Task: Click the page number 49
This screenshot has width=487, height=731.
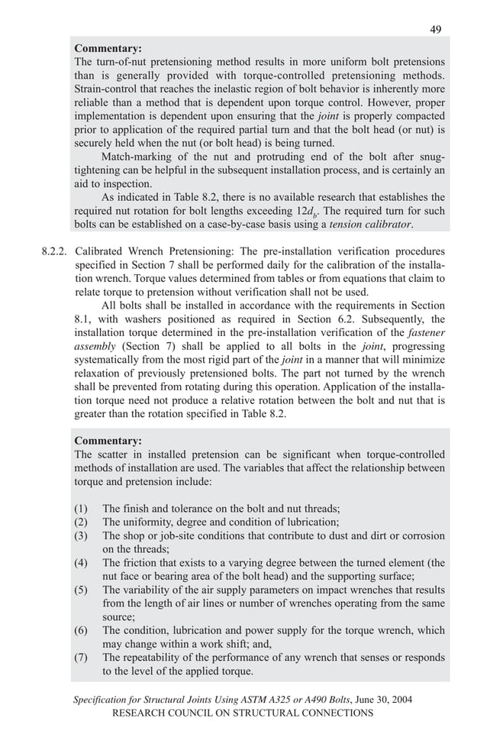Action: pyautogui.click(x=435, y=30)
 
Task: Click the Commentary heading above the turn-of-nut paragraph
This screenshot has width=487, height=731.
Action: pyautogui.click(x=108, y=48)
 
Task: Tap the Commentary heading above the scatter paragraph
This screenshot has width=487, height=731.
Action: pyautogui.click(x=108, y=441)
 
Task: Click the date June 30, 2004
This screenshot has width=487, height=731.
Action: pyautogui.click(x=366, y=700)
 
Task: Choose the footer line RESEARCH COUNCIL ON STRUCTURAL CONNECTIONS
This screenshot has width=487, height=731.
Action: pyautogui.click(x=243, y=713)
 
